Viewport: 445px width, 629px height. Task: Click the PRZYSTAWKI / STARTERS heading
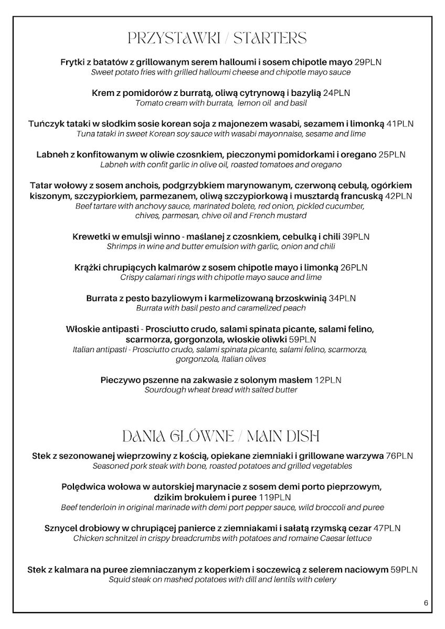click(x=217, y=39)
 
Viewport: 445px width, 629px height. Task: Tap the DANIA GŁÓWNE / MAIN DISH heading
click(x=220, y=436)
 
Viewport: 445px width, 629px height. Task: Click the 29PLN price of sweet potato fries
click(x=368, y=62)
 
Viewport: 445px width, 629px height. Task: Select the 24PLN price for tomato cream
click(x=337, y=93)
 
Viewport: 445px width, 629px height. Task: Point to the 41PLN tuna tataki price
click(x=400, y=124)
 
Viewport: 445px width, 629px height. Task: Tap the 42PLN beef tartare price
click(x=398, y=196)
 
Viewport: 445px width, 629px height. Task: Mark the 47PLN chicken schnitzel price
click(x=388, y=528)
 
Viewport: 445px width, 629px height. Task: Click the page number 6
click(x=426, y=603)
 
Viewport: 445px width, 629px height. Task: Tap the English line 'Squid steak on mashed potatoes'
click(x=222, y=579)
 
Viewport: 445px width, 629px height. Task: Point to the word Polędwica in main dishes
click(x=83, y=487)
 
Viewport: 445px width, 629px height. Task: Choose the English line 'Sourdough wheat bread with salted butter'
click(x=221, y=390)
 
